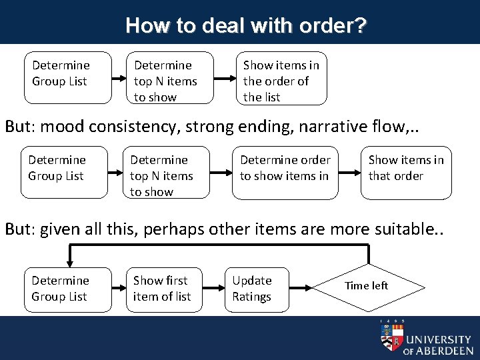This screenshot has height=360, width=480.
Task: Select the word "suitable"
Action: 407,229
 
